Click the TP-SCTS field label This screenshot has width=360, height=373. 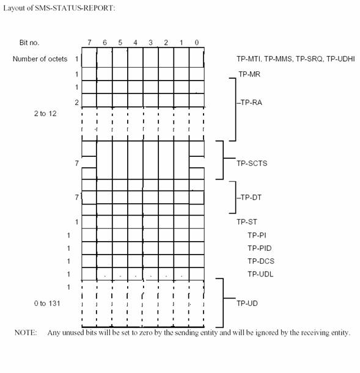(252, 164)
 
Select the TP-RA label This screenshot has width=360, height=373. (251, 103)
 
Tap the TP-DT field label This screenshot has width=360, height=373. (251, 197)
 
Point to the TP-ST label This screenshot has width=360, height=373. (247, 222)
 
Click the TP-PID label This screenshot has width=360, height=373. (260, 248)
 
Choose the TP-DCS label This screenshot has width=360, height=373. (261, 261)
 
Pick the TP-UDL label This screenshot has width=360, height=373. (260, 274)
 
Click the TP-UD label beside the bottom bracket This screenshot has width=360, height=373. (247, 303)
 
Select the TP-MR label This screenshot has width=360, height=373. (249, 74)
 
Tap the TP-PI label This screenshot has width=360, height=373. (257, 235)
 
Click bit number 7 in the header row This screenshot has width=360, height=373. (89, 43)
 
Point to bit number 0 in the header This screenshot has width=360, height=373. (196, 43)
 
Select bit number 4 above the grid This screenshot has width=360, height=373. (135, 43)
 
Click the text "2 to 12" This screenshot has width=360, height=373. (45, 114)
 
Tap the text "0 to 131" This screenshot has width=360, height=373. (47, 303)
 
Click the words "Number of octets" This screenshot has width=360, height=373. (40, 59)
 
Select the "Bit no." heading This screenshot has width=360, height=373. (29, 43)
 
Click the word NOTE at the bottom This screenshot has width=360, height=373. (26, 333)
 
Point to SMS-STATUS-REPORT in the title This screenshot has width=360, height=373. (75, 8)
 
